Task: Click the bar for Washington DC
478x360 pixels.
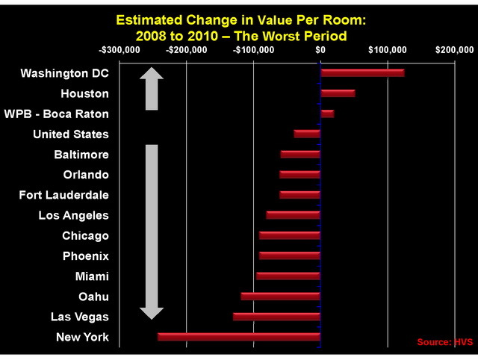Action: click(x=362, y=73)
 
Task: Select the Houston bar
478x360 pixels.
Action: click(x=338, y=93)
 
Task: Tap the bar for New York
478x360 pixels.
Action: click(x=239, y=337)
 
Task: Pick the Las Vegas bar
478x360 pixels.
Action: click(x=276, y=317)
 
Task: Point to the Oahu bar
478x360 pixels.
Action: click(x=280, y=297)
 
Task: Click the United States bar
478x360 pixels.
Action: click(x=307, y=134)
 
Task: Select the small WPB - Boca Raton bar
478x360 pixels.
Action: click(x=327, y=114)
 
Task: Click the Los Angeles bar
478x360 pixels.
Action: click(x=294, y=215)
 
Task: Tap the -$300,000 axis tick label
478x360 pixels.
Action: click(x=119, y=50)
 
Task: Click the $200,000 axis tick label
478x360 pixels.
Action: click(x=454, y=50)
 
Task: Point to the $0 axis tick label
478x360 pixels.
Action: click(x=320, y=50)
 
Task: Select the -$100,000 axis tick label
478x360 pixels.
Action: click(x=253, y=50)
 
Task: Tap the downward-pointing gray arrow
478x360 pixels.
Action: click(x=152, y=232)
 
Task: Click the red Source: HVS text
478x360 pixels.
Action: click(x=444, y=341)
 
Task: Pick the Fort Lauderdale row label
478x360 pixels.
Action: click(x=63, y=195)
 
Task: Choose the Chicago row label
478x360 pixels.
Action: click(x=85, y=236)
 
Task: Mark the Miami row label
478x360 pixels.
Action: click(x=92, y=276)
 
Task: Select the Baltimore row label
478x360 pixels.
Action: click(x=81, y=155)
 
